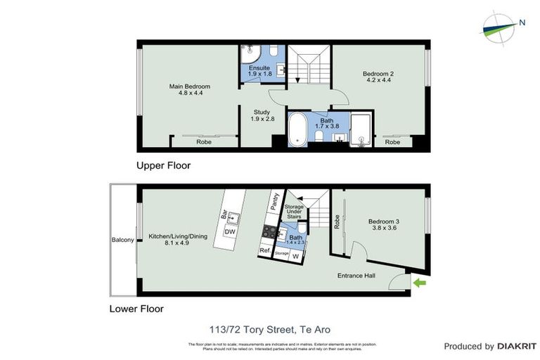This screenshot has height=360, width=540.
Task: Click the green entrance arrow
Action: tap(420, 283)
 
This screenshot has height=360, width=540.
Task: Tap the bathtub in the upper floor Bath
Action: tap(298, 129)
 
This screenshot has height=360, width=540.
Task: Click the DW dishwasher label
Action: tap(229, 232)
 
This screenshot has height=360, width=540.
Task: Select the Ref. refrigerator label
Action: tap(265, 250)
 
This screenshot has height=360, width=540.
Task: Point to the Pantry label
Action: tap(275, 203)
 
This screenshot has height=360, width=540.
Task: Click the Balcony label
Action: tap(122, 240)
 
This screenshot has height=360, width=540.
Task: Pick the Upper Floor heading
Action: tap(164, 166)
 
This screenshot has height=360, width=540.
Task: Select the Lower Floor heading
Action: tap(136, 308)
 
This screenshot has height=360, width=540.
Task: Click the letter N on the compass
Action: tap(522, 22)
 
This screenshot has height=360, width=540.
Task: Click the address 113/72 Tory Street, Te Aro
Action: tap(269, 329)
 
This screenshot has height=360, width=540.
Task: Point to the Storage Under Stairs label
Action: tap(294, 211)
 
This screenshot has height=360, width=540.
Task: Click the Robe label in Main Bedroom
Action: tap(204, 141)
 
